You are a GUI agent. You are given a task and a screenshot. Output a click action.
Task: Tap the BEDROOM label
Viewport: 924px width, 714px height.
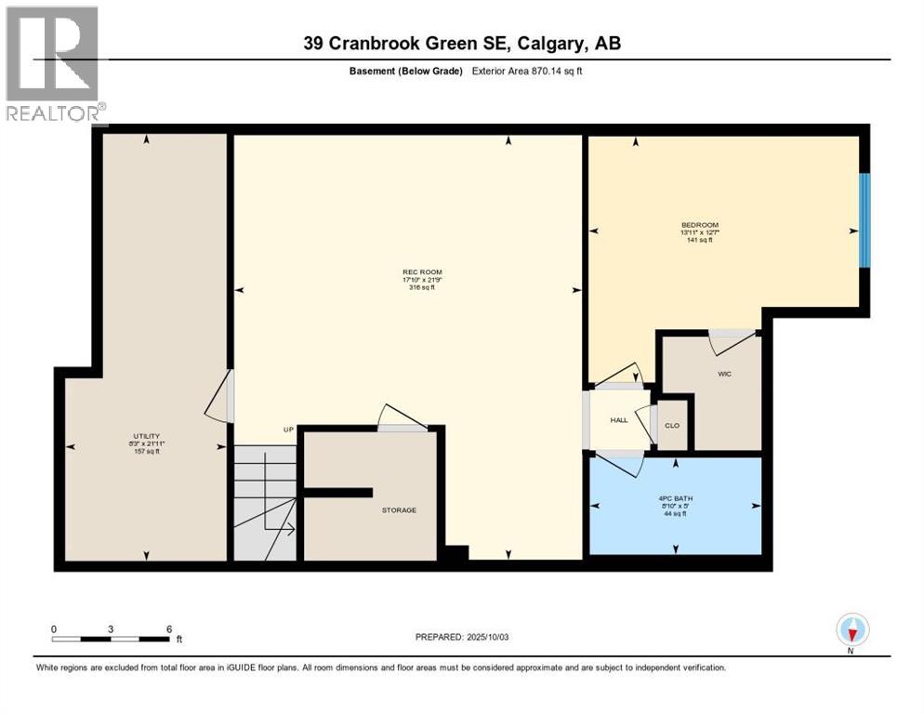pos(699,225)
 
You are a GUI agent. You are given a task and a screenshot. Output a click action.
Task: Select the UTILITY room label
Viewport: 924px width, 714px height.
pos(147,436)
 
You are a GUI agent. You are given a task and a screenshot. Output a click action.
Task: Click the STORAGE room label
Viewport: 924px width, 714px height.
pos(398,509)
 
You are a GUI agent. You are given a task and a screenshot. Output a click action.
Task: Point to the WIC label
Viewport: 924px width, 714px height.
pos(725,374)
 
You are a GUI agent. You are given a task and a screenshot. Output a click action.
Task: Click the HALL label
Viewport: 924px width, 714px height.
pos(618,420)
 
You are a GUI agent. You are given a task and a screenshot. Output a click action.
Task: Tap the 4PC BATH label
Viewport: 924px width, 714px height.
pos(676,497)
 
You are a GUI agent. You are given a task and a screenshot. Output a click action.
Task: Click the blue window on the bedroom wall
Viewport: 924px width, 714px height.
pos(864,220)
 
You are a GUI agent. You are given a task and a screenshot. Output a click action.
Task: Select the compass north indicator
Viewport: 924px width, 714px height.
pos(852,630)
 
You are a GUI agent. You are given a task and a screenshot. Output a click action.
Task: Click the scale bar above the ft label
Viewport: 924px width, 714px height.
pos(112,639)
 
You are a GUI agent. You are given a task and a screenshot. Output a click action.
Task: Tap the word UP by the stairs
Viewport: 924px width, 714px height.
pos(288,430)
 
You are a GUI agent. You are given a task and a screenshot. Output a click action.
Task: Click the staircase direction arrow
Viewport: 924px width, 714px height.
pos(284,531)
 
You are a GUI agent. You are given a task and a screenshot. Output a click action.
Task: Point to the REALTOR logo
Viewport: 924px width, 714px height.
pos(54,63)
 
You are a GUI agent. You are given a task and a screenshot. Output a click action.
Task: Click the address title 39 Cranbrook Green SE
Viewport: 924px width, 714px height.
pos(462,43)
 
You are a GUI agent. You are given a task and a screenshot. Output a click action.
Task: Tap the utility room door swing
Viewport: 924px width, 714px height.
pos(218,397)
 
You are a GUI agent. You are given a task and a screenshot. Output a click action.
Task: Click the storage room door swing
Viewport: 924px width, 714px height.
pos(402,417)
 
